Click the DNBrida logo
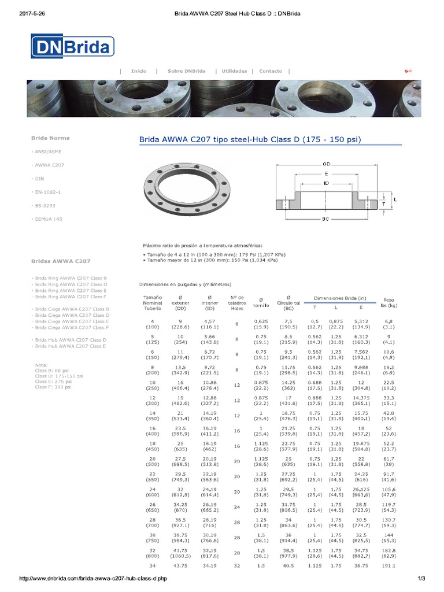pyautogui.click(x=72, y=47)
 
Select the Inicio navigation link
pyautogui.click(x=139, y=71)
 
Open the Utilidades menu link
pyautogui.click(x=234, y=71)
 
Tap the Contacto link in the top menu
pyautogui.click(x=271, y=71)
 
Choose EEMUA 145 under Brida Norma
pyautogui.click(x=49, y=219)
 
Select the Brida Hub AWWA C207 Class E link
pyautogui.click(x=70, y=346)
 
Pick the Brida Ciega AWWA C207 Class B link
pyautogui.click(x=72, y=309)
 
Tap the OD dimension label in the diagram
pyautogui.click(x=326, y=164)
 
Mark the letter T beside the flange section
pyautogui.click(x=383, y=203)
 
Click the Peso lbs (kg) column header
pyautogui.click(x=388, y=302)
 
